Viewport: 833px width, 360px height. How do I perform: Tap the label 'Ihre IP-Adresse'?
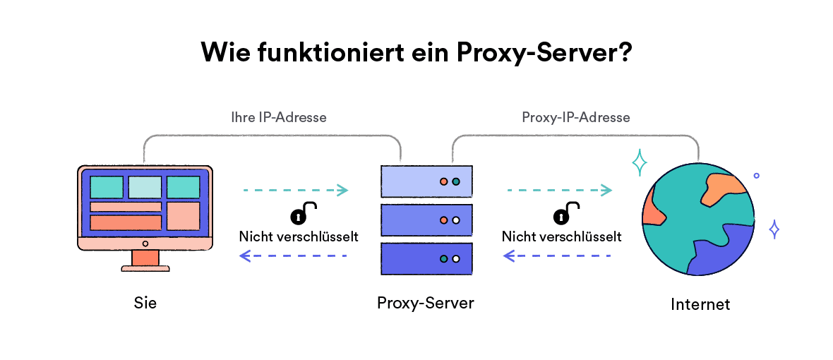click(279, 117)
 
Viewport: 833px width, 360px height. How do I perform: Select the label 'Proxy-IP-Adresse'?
click(575, 117)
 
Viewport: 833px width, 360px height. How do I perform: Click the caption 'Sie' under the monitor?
click(145, 303)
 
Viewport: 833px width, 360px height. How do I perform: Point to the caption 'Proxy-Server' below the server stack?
click(426, 303)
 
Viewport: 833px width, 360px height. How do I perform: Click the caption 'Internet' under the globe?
click(700, 304)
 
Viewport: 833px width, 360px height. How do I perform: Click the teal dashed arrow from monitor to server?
click(295, 190)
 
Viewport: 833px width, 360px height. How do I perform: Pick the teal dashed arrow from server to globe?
click(558, 190)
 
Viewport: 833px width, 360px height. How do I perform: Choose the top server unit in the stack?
click(426, 181)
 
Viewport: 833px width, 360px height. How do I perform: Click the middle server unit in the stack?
click(426, 220)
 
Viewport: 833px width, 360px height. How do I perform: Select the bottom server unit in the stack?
click(426, 258)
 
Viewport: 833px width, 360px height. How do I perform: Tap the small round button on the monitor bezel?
click(145, 244)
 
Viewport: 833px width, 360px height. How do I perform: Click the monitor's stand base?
click(145, 268)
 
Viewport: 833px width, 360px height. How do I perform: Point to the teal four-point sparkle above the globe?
click(640, 163)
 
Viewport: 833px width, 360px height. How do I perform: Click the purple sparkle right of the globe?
click(774, 229)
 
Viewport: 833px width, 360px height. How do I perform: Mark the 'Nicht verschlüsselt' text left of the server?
click(299, 236)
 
